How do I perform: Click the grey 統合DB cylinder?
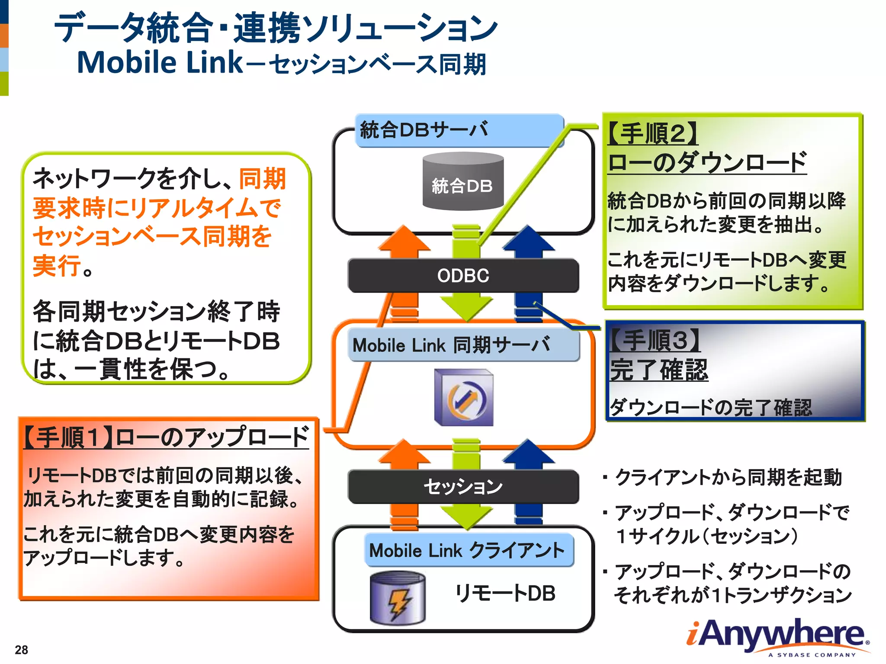point(463,182)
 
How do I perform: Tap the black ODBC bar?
point(463,275)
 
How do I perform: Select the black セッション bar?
point(463,486)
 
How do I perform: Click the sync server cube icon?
point(464,398)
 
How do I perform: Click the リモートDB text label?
point(505,593)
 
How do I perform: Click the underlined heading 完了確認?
point(659,370)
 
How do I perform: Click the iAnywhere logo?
point(777,635)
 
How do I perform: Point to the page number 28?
point(21,650)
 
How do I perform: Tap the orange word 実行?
point(56,265)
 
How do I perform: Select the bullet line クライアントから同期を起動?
point(728,477)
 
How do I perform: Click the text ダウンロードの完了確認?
point(711,407)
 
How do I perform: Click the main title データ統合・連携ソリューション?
point(276,28)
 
